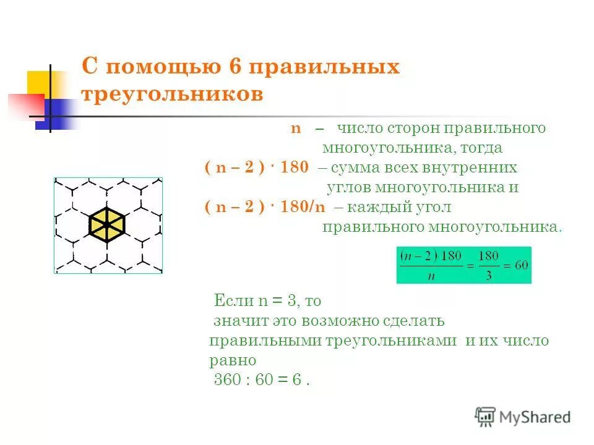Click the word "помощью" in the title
(x=160, y=67)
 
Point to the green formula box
(x=463, y=265)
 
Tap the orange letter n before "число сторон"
(x=296, y=129)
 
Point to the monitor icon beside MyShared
(x=486, y=417)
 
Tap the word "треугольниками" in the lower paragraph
(x=392, y=341)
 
